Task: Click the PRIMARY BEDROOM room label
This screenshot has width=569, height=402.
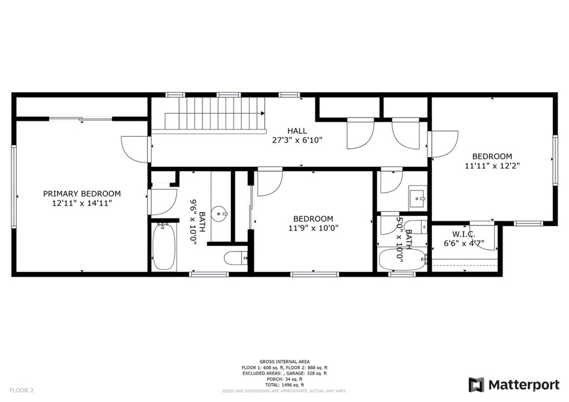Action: pos(82,194)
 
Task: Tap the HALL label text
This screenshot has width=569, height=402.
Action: pos(297,131)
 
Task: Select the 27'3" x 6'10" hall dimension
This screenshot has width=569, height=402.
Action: pos(297,140)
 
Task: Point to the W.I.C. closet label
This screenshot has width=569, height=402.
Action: pos(463,234)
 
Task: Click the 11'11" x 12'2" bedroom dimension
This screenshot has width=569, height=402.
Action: pos(492,165)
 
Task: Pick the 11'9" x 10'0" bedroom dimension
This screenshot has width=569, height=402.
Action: pos(313,228)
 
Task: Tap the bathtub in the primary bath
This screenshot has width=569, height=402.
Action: pos(163,247)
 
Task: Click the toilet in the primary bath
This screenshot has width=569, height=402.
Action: pos(236,258)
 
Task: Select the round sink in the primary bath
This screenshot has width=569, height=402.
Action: pos(219,214)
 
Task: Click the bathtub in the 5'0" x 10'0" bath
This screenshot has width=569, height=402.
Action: pos(403,259)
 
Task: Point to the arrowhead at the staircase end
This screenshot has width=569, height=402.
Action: pos(262,113)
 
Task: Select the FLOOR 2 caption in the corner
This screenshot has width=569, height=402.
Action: pos(22,390)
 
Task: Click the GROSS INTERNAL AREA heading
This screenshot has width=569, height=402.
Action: pos(284,361)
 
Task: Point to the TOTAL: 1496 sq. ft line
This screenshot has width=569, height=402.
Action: pos(284,385)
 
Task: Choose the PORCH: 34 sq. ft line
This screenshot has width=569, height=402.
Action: pos(284,379)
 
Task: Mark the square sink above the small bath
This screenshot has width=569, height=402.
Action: pos(418,198)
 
